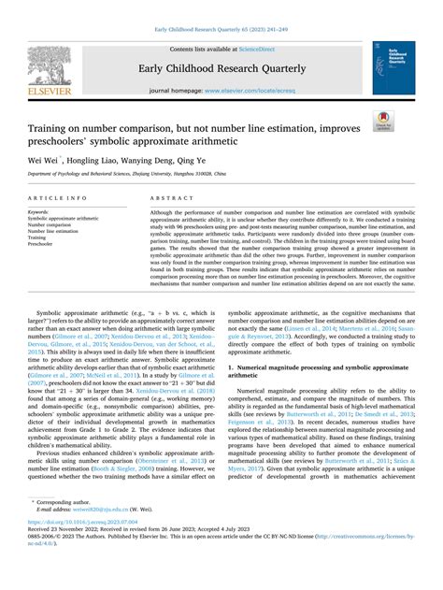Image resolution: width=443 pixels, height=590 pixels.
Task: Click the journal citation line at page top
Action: (x=221, y=30)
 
